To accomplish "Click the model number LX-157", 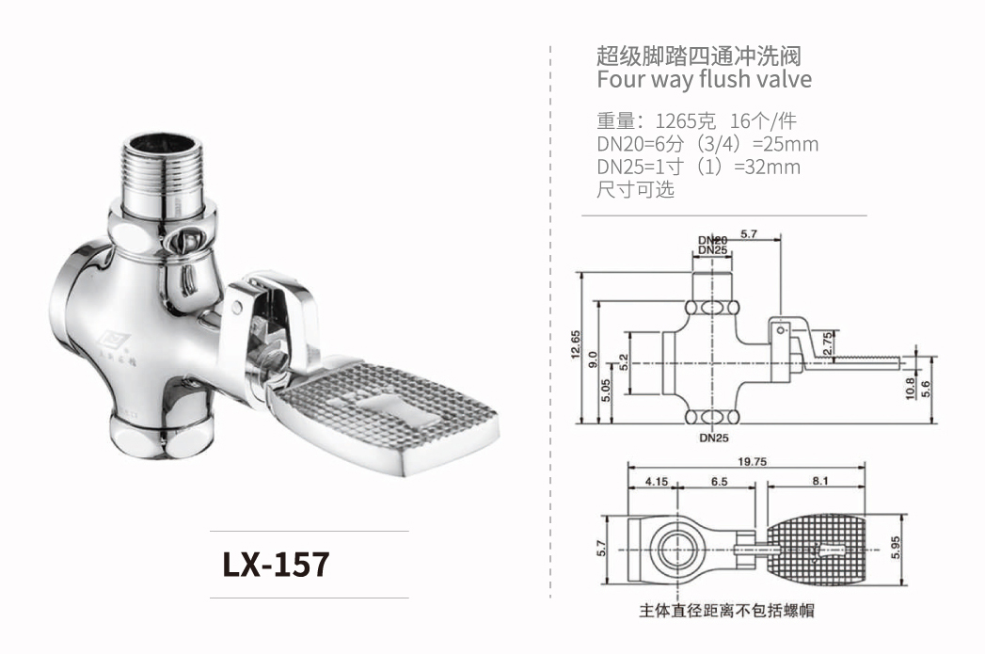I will [276, 564].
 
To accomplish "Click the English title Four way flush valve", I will [704, 79].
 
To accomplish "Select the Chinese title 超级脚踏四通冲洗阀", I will [698, 55].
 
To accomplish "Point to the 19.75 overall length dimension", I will [755, 461].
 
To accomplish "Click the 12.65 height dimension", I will [575, 349].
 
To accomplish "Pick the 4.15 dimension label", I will [656, 481].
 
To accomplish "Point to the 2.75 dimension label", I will [827, 343].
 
